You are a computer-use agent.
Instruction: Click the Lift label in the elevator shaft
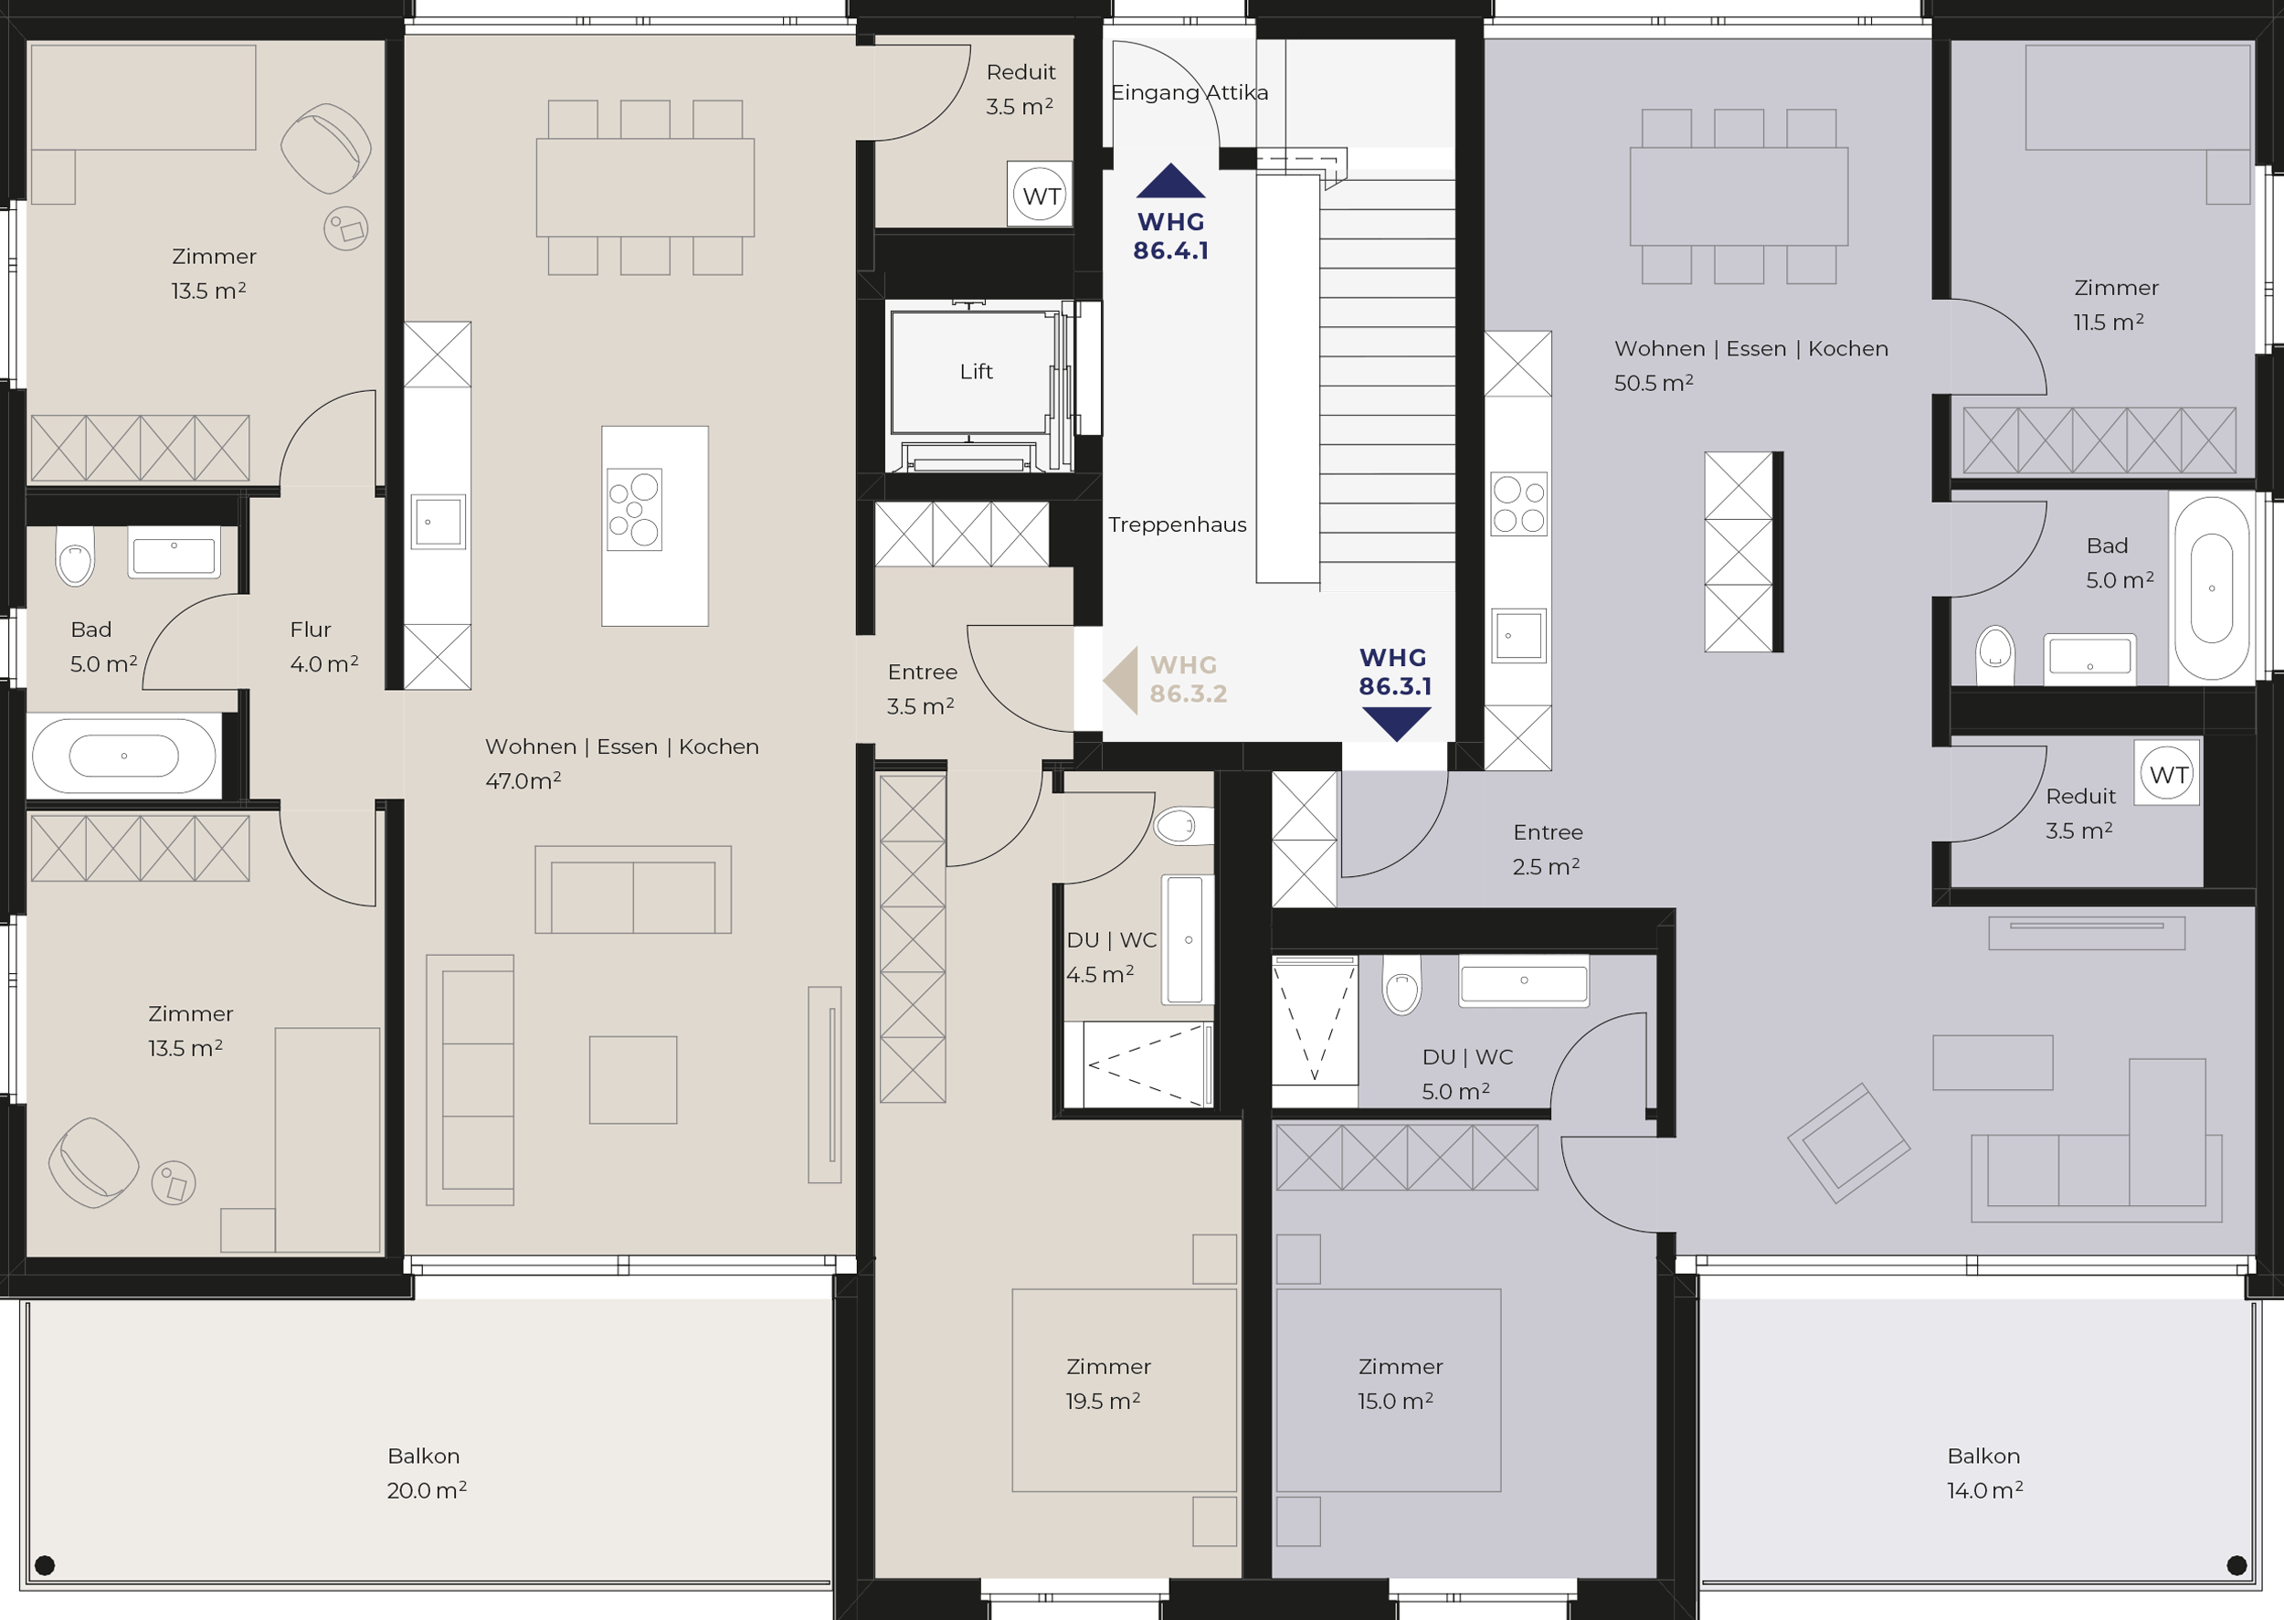[976, 371]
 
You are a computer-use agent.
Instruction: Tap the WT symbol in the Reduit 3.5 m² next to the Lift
[1040, 195]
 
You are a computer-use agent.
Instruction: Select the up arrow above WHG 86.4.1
[1171, 181]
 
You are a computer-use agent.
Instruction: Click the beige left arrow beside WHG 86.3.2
[1120, 681]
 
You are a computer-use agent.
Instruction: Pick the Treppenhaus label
[1177, 524]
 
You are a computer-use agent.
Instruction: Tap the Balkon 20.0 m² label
[426, 1472]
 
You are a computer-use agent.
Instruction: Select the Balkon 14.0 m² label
[1983, 1472]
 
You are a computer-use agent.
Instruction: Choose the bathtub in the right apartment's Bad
[2211, 588]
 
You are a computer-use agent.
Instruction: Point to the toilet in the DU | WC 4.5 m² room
[1183, 826]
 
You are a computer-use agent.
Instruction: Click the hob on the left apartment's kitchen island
[634, 511]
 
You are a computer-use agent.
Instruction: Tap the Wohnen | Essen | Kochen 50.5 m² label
[1750, 365]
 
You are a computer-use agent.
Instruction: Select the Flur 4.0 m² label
[323, 646]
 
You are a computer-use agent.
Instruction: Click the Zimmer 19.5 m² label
[1107, 1382]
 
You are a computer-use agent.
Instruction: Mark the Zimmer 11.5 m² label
[2114, 304]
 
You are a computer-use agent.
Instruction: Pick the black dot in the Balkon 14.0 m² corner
[2237, 1565]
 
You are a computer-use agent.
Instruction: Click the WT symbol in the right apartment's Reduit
[2168, 773]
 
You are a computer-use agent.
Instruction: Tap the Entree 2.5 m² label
[1547, 849]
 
